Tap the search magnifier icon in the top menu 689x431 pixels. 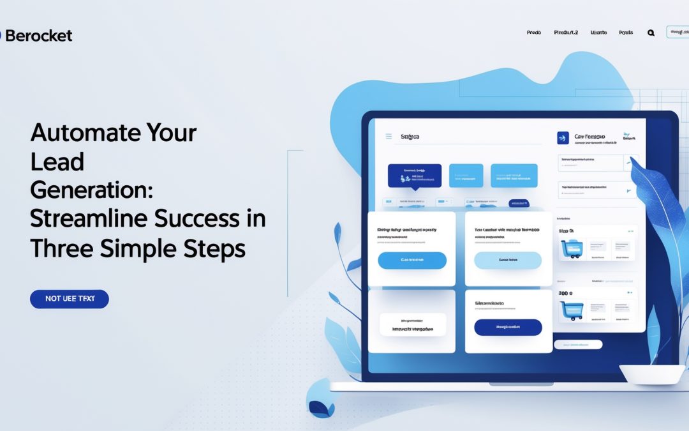click(x=651, y=33)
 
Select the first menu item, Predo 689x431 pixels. click(x=533, y=33)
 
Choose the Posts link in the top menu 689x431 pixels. click(x=626, y=33)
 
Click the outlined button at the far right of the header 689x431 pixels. click(x=678, y=32)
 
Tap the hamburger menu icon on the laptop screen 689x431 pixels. click(x=389, y=137)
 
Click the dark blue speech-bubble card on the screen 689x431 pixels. click(x=415, y=176)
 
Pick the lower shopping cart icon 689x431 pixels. click(x=572, y=310)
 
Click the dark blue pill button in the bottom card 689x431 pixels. click(x=508, y=328)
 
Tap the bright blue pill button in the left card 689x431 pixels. click(x=412, y=261)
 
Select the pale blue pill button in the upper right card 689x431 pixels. click(x=508, y=261)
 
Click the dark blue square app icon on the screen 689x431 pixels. click(x=563, y=139)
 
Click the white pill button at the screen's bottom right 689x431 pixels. click(x=578, y=345)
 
